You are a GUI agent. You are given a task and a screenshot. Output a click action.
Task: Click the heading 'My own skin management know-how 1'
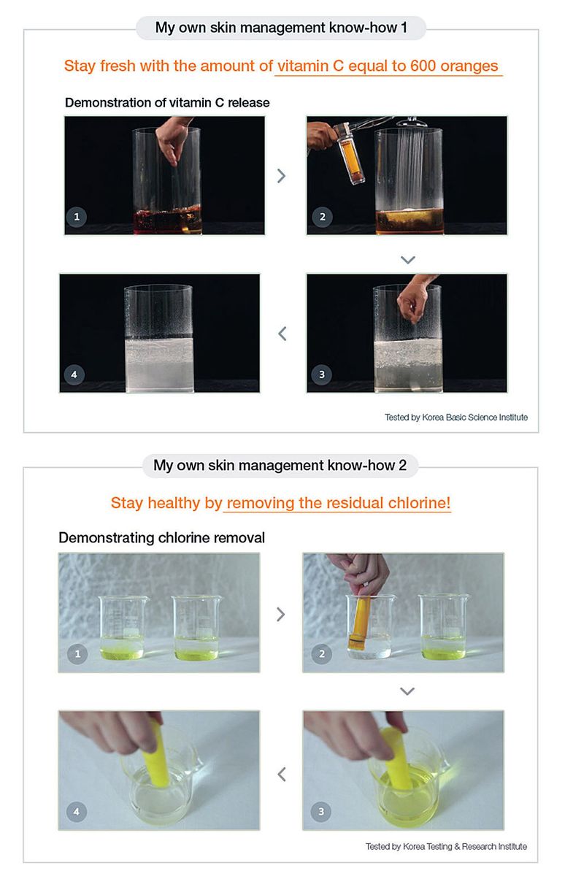pos(281,28)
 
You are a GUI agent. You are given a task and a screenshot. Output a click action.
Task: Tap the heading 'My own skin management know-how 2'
pos(280,466)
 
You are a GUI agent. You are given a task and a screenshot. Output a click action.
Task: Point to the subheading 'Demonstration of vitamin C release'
pos(167,102)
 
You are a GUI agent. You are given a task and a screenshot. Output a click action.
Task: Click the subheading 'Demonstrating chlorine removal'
pos(161,538)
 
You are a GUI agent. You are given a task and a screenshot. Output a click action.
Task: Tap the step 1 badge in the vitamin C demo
pos(77,217)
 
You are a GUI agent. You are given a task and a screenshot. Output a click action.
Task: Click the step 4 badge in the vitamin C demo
pos(74,374)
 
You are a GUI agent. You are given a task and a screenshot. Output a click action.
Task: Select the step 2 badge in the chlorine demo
pos(322,653)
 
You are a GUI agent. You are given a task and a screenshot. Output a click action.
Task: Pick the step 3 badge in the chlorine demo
pos(321,812)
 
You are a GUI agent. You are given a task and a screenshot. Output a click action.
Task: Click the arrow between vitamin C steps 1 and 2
pos(282,176)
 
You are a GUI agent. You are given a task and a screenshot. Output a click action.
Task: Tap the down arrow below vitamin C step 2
pos(408,260)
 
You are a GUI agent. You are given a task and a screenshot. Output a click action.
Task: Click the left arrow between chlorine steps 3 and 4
pos(282,774)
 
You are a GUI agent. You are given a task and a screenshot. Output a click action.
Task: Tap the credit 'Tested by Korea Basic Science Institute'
pos(456,418)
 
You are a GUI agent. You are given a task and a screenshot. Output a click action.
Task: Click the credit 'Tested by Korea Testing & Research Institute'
pos(446,847)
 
